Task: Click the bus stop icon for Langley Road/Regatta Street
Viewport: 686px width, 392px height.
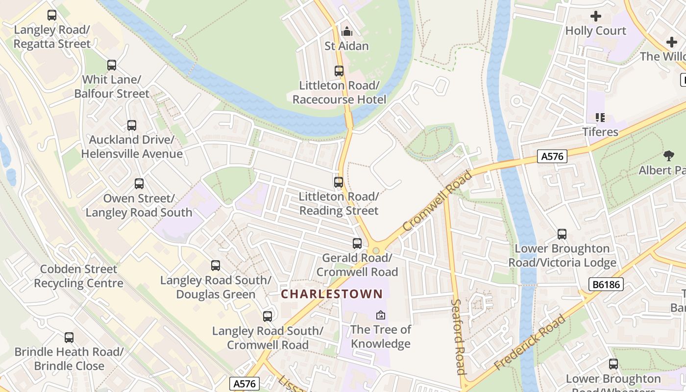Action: [x=52, y=15]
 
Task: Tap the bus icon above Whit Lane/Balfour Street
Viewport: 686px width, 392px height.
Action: [x=112, y=65]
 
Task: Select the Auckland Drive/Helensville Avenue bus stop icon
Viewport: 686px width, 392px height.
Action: [x=132, y=125]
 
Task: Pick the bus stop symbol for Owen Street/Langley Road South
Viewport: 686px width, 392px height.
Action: [x=139, y=184]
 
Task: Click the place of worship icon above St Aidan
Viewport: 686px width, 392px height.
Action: [x=347, y=32]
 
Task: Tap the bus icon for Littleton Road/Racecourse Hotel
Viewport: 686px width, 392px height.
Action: [x=339, y=71]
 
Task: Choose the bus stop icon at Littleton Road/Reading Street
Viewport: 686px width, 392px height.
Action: [x=339, y=182]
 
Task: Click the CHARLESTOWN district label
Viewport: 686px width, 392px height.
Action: [x=332, y=294]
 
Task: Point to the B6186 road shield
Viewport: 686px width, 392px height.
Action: [x=606, y=284]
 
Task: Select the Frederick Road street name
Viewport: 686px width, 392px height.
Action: [x=530, y=343]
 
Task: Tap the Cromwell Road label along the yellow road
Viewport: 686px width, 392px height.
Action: [x=438, y=201]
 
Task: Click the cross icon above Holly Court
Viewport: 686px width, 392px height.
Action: [x=596, y=17]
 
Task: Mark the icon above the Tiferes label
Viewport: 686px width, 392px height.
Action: [x=600, y=118]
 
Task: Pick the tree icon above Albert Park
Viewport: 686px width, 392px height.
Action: [x=668, y=156]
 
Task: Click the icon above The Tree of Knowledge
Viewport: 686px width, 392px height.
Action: [x=381, y=315]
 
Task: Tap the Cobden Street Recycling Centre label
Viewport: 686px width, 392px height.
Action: [x=78, y=276]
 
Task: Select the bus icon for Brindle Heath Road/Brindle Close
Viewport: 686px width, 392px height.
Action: [x=69, y=338]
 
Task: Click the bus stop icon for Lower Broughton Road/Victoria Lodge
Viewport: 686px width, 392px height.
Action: [x=562, y=234]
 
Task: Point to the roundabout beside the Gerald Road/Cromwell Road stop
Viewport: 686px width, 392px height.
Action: [x=376, y=250]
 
